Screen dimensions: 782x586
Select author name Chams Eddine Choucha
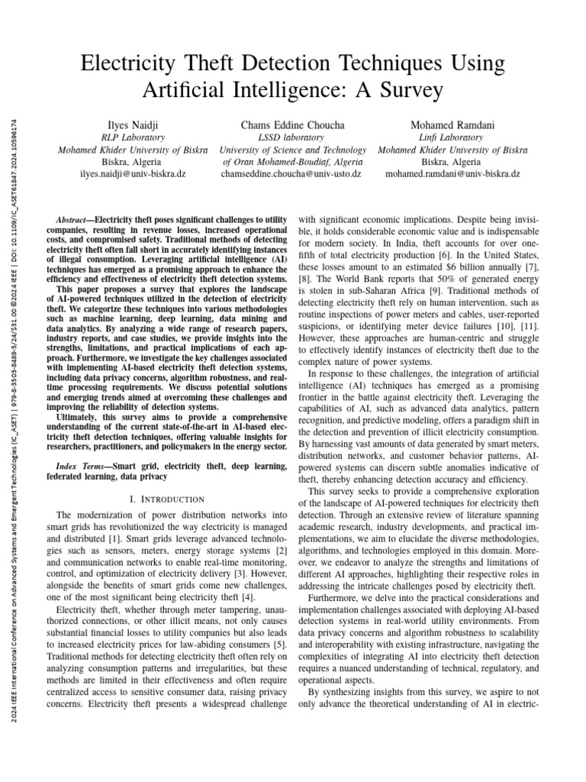point(293,124)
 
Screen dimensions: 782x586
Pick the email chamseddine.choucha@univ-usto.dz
point(291,174)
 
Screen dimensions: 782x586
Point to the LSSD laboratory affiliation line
point(293,137)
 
